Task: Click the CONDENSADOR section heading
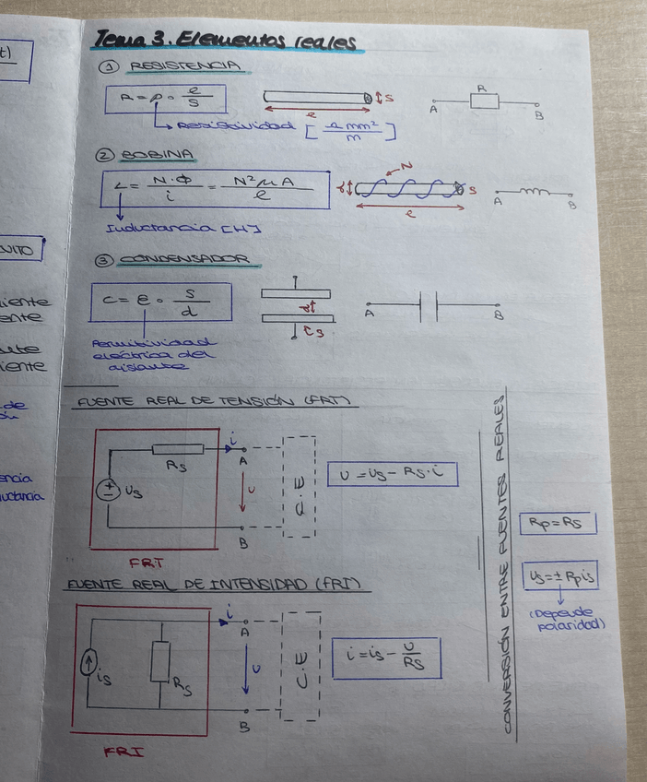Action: [189, 261]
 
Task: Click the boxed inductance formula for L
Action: [217, 189]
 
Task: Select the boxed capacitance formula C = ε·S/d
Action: [160, 302]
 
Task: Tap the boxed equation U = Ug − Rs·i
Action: [392, 473]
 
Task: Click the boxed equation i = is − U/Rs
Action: [386, 657]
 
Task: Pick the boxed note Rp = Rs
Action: [557, 523]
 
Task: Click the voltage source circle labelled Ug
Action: [108, 491]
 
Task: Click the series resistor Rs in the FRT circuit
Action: [177, 449]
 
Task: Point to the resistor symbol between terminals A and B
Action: [484, 101]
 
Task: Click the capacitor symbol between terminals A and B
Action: [428, 305]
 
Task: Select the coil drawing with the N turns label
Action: [409, 189]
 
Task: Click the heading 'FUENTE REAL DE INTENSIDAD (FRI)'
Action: [217, 585]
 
